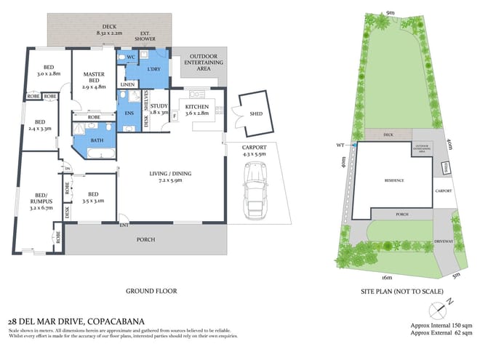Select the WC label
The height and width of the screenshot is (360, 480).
click(x=132, y=57)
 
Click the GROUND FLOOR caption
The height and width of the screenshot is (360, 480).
click(x=152, y=291)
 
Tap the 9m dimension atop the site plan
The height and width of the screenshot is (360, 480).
click(x=391, y=13)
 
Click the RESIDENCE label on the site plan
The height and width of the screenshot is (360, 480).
click(x=393, y=180)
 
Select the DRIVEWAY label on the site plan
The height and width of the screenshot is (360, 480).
click(x=443, y=240)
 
